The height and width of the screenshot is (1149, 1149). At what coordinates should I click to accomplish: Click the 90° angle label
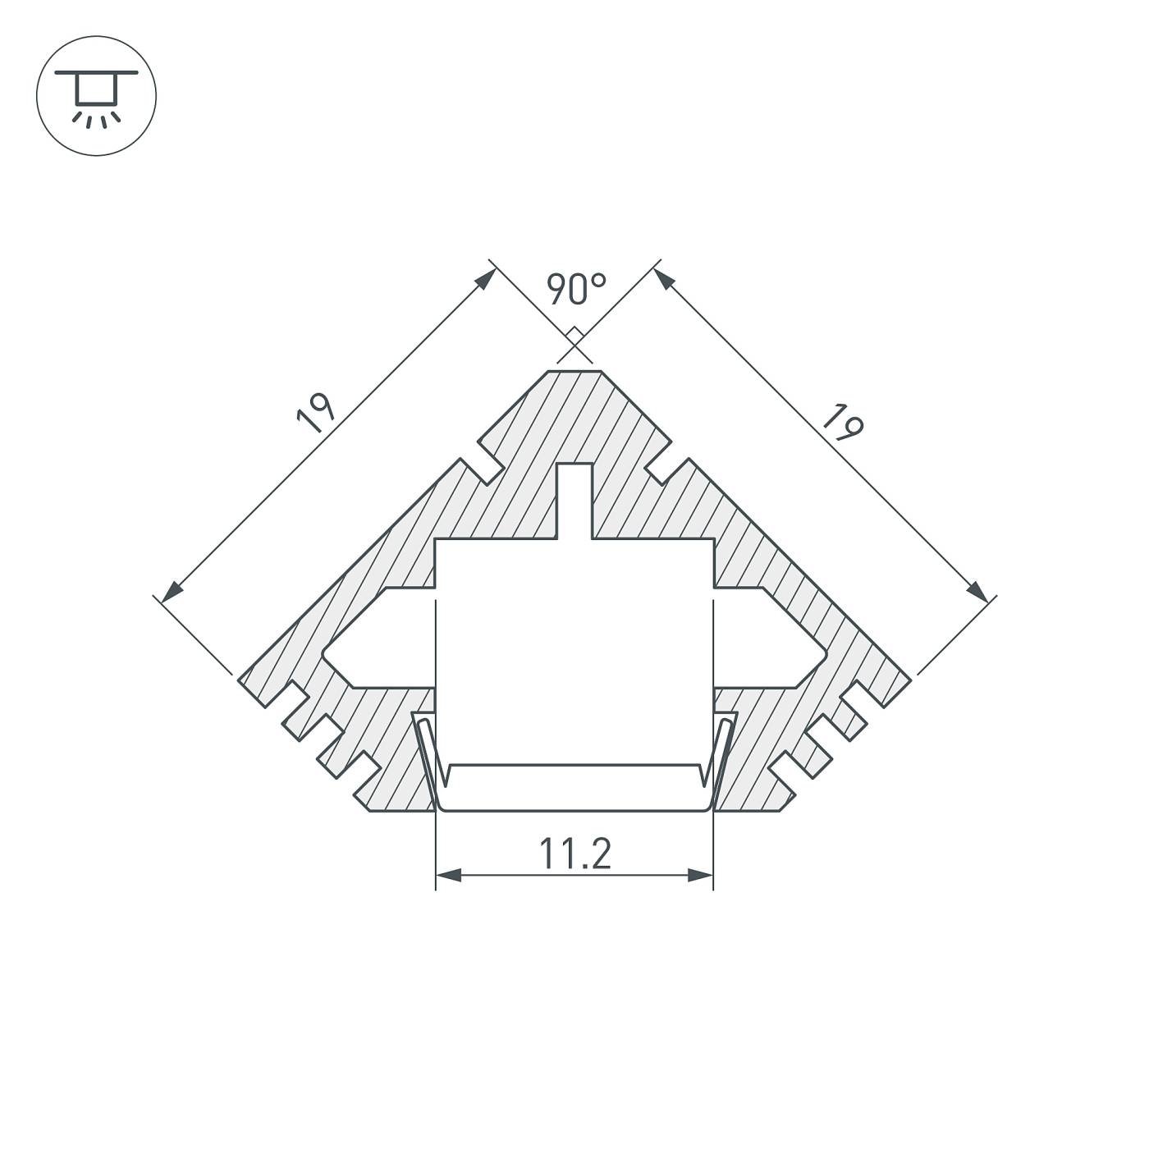(x=576, y=290)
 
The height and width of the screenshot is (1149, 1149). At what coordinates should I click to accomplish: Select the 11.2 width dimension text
(x=574, y=854)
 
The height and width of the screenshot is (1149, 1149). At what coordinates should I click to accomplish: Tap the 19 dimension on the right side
(x=843, y=423)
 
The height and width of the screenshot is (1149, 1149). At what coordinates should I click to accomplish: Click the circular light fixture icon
(x=96, y=96)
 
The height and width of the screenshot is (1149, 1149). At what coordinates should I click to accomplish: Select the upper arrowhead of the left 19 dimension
(x=487, y=277)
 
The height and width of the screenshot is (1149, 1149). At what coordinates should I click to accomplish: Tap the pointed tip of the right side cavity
(x=822, y=653)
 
